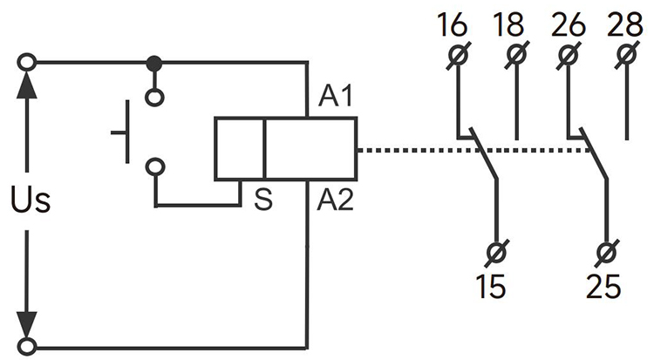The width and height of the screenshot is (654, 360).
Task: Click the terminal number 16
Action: [453, 25]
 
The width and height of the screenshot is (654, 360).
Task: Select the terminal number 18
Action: [511, 25]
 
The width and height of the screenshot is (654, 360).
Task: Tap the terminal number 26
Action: [569, 25]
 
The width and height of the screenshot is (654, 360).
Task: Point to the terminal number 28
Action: [626, 25]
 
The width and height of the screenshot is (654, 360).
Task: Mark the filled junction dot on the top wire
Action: [154, 63]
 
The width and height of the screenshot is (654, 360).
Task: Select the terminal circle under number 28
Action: [626, 57]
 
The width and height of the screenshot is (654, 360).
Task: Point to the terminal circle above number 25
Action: [607, 254]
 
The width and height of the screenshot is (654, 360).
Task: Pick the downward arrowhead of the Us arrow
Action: [29, 324]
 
